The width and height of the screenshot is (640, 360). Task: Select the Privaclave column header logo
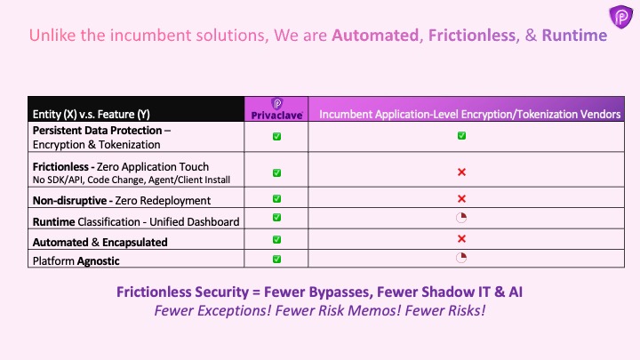tap(276, 108)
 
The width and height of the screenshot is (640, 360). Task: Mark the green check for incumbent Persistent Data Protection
tap(461, 136)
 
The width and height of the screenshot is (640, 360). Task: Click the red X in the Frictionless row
tap(461, 172)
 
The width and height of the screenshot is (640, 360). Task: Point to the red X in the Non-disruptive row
tap(461, 199)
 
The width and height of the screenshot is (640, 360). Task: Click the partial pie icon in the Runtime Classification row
tap(461, 218)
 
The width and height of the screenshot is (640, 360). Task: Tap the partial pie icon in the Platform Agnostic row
tap(461, 258)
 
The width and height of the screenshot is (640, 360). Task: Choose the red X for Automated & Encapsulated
tap(461, 239)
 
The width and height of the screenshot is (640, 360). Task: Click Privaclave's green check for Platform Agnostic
tap(276, 259)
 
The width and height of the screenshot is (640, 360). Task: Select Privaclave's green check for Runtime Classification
tap(276, 218)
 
